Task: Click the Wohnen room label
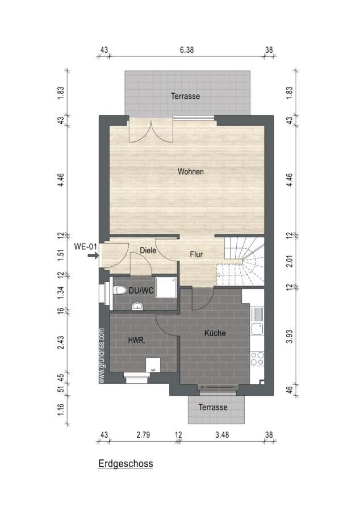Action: pyautogui.click(x=191, y=171)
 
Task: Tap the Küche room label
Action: pyautogui.click(x=215, y=333)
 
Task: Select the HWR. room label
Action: pyautogui.click(x=136, y=340)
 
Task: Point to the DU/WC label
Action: pyautogui.click(x=141, y=290)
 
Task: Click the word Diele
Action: pyautogui.click(x=148, y=250)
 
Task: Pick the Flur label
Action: pyautogui.click(x=196, y=254)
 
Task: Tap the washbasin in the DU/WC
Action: pyautogui.click(x=138, y=306)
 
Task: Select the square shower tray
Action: pyautogui.click(x=166, y=288)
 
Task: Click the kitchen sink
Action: pyautogui.click(x=257, y=329)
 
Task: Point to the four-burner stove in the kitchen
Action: pyautogui.click(x=257, y=358)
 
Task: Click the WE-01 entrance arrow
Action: pyautogui.click(x=93, y=256)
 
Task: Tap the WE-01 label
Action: pyautogui.click(x=85, y=246)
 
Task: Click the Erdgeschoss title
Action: pyautogui.click(x=125, y=463)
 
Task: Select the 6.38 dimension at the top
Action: pyautogui.click(x=187, y=50)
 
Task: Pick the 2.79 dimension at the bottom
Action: pyautogui.click(x=143, y=435)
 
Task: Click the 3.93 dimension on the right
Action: pyautogui.click(x=289, y=336)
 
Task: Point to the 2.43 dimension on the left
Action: pyautogui.click(x=61, y=342)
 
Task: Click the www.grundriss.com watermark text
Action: pyautogui.click(x=102, y=355)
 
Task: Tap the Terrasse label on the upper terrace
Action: pyautogui.click(x=185, y=96)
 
